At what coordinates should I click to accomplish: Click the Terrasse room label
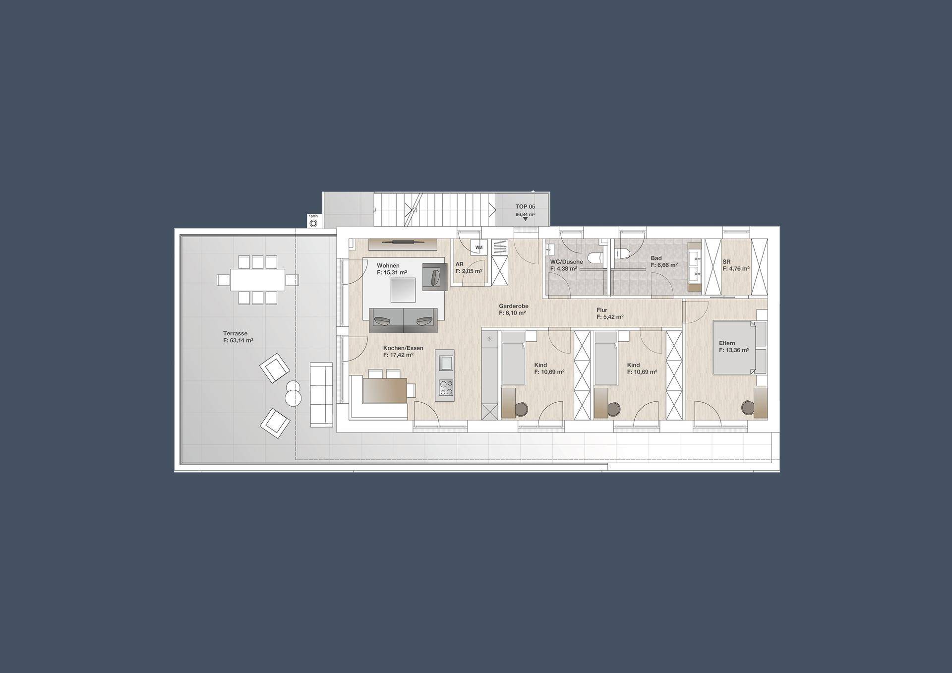pyautogui.click(x=235, y=334)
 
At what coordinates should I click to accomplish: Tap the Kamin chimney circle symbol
pyautogui.click(x=313, y=223)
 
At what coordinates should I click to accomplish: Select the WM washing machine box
pyautogui.click(x=479, y=247)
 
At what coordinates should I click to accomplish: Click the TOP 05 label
pyautogui.click(x=525, y=207)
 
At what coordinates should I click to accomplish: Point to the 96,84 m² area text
pyautogui.click(x=525, y=215)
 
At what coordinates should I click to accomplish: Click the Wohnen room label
pyautogui.click(x=388, y=266)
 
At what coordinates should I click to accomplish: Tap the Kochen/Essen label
pyautogui.click(x=403, y=348)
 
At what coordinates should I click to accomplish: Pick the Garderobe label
pyautogui.click(x=514, y=306)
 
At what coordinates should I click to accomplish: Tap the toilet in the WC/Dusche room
pyautogui.click(x=595, y=257)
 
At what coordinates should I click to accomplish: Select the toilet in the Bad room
pyautogui.click(x=621, y=253)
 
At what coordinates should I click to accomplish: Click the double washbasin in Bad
pyautogui.click(x=695, y=266)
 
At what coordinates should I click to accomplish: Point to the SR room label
pyautogui.click(x=726, y=262)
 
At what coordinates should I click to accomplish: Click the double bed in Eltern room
pyautogui.click(x=734, y=347)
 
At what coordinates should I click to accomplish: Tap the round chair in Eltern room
pyautogui.click(x=747, y=407)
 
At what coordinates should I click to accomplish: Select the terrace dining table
pyautogui.click(x=258, y=280)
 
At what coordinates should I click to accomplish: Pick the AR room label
pyautogui.click(x=459, y=264)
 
